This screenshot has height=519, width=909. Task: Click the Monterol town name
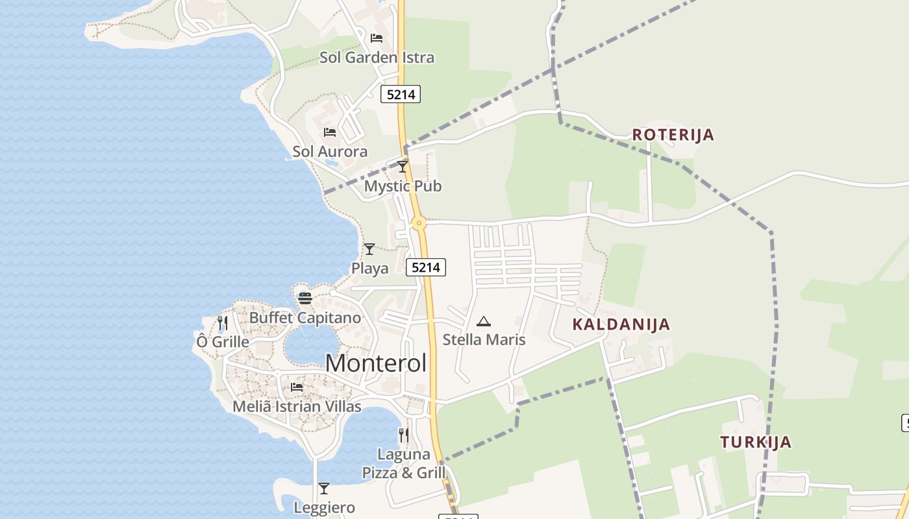(x=376, y=363)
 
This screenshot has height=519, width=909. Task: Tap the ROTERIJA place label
(x=673, y=135)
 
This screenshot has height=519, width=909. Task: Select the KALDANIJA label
(x=621, y=324)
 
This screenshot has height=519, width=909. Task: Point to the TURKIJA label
(x=756, y=442)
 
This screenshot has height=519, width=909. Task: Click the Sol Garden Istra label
(x=377, y=57)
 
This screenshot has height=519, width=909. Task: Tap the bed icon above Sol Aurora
(x=330, y=132)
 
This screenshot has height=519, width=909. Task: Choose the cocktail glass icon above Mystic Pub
(x=403, y=167)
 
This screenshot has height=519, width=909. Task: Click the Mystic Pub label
(x=403, y=186)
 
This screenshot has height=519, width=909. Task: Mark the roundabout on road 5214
(x=419, y=224)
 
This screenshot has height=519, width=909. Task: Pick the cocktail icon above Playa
(x=369, y=248)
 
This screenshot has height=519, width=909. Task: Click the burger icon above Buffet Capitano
(x=305, y=298)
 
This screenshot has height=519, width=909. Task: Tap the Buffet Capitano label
(x=305, y=318)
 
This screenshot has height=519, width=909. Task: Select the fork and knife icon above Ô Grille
(x=223, y=322)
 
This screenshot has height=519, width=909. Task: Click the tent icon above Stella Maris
(x=484, y=321)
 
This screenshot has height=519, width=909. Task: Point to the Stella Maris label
(x=484, y=339)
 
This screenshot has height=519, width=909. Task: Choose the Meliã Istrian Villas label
(x=297, y=407)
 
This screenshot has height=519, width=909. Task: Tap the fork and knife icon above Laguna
(x=404, y=435)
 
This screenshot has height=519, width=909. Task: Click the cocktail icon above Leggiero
(x=324, y=489)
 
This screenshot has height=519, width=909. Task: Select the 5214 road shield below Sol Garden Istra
(x=400, y=95)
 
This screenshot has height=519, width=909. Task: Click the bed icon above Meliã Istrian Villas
(x=297, y=387)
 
